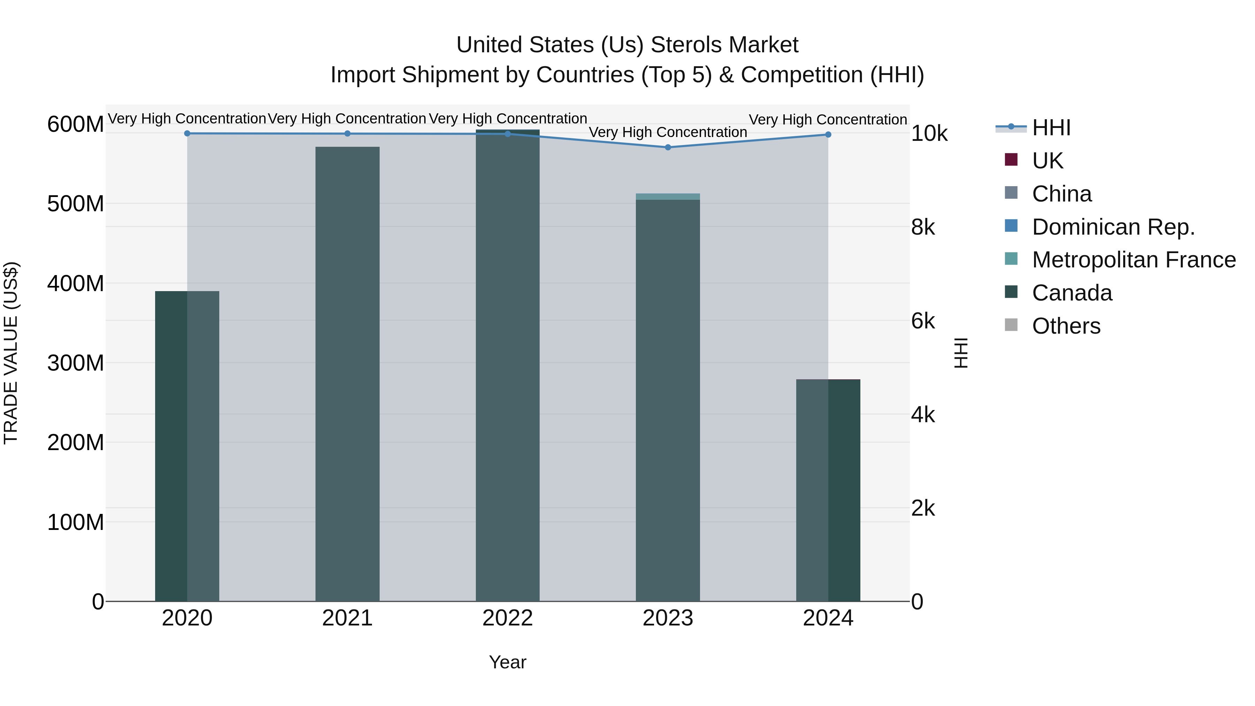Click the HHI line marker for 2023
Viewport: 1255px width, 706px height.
668,147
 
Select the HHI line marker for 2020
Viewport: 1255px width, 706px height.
187,134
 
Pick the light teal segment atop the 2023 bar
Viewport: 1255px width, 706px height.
668,196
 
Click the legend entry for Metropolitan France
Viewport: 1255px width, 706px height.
1133,260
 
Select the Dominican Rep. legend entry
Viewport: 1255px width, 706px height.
1113,227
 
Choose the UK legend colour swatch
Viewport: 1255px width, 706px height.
1011,160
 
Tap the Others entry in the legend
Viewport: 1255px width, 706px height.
1066,326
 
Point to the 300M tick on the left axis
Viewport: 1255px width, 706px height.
76,363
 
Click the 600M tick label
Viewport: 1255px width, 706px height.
76,124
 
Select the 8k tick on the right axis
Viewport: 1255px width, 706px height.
923,228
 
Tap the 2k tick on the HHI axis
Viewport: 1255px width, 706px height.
923,508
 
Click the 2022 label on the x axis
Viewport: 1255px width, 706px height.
508,618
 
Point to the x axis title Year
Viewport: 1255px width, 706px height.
508,662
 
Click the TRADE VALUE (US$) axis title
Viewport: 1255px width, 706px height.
11,353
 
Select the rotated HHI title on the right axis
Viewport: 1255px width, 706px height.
961,353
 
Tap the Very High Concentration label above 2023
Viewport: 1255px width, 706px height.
668,132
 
